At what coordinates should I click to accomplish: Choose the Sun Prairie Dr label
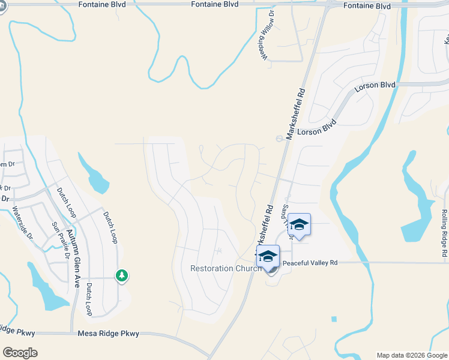(60, 239)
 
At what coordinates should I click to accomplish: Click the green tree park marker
(122, 275)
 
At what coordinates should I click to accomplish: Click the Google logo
(20, 352)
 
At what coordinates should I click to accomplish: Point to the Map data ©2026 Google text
(411, 355)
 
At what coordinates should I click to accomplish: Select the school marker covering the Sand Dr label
(299, 226)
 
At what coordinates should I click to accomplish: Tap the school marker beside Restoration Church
(268, 257)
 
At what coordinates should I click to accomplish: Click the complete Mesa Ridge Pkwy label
(109, 334)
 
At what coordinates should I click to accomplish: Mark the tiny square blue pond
(334, 319)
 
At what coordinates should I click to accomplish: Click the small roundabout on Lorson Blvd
(279, 139)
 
